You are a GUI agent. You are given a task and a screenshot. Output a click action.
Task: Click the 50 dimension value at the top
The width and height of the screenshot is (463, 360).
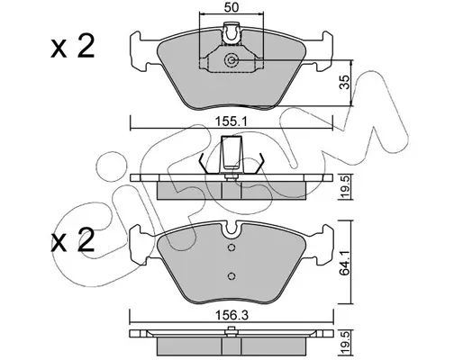(x=231, y=7)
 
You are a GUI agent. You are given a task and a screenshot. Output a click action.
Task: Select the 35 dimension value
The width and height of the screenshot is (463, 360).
(x=346, y=82)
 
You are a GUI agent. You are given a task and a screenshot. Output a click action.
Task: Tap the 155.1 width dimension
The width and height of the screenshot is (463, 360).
(x=231, y=121)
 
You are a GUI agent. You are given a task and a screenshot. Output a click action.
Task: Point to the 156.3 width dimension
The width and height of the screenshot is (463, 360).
(x=231, y=316)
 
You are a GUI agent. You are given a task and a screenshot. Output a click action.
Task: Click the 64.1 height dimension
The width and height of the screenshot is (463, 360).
(x=346, y=262)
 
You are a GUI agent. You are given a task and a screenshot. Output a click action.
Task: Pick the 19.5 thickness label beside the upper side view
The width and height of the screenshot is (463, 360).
(x=346, y=187)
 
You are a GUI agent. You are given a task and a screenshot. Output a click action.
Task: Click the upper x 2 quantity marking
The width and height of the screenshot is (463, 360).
(x=72, y=46)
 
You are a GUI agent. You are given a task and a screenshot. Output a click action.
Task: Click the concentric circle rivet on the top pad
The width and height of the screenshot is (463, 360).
(x=231, y=60)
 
